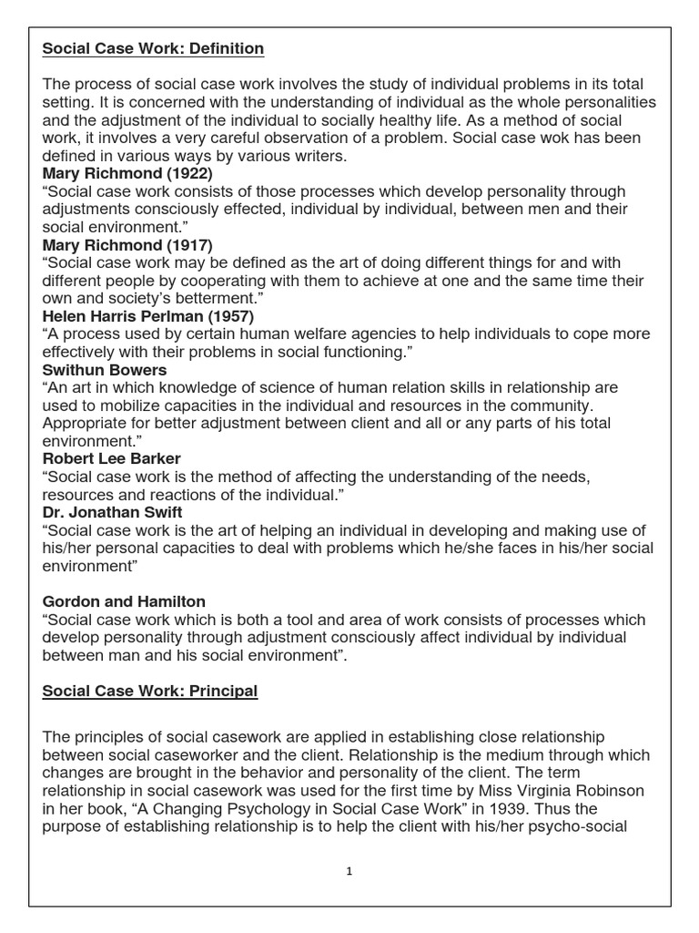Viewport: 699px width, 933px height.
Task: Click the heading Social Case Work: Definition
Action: (x=153, y=48)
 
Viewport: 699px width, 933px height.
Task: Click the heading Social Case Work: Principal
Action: (x=150, y=692)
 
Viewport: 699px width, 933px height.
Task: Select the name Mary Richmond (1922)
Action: (x=127, y=173)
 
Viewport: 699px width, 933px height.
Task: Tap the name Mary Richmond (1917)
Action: (x=127, y=244)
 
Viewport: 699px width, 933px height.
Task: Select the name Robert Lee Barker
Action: (x=112, y=459)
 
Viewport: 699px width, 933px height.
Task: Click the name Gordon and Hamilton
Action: (x=124, y=601)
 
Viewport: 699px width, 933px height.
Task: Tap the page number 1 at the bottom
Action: (x=349, y=871)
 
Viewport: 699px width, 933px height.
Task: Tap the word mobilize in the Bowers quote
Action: (x=128, y=405)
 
